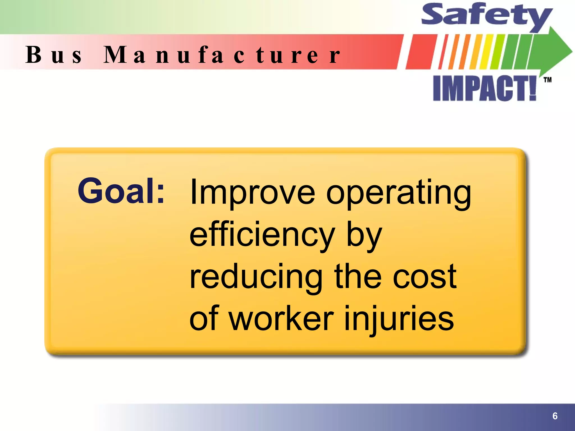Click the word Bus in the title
[54, 55]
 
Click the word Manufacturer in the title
[222, 55]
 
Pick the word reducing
[256, 278]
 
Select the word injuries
[399, 320]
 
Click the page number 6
[555, 416]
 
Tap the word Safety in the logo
[486, 15]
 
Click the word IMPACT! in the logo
[485, 89]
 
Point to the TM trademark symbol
[547, 80]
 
